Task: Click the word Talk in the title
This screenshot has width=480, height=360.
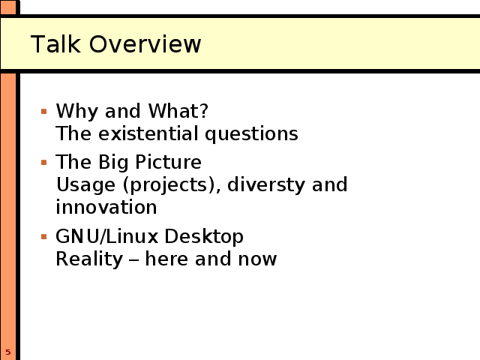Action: pos(55,44)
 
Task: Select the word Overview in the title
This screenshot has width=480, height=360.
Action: pos(145,44)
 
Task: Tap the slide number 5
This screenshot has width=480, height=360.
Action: pos(8,352)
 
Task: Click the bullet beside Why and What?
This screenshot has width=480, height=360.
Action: pos(43,112)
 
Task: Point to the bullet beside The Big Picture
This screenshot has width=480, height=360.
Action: pos(43,162)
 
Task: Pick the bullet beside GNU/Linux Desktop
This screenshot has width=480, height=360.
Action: pos(43,237)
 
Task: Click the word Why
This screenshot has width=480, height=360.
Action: pos(76,112)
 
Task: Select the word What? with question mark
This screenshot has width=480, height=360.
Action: pos(178,110)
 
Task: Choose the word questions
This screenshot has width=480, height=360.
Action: pos(251,135)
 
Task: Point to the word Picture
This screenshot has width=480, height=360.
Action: pos(168,162)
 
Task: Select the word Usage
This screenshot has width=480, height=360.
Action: pos(85,186)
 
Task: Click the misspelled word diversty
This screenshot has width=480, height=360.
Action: pos(266,185)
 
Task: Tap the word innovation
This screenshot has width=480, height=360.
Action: pos(106,207)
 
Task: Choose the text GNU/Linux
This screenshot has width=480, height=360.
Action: pos(107,236)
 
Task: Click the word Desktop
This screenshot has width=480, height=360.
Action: pos(204,237)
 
